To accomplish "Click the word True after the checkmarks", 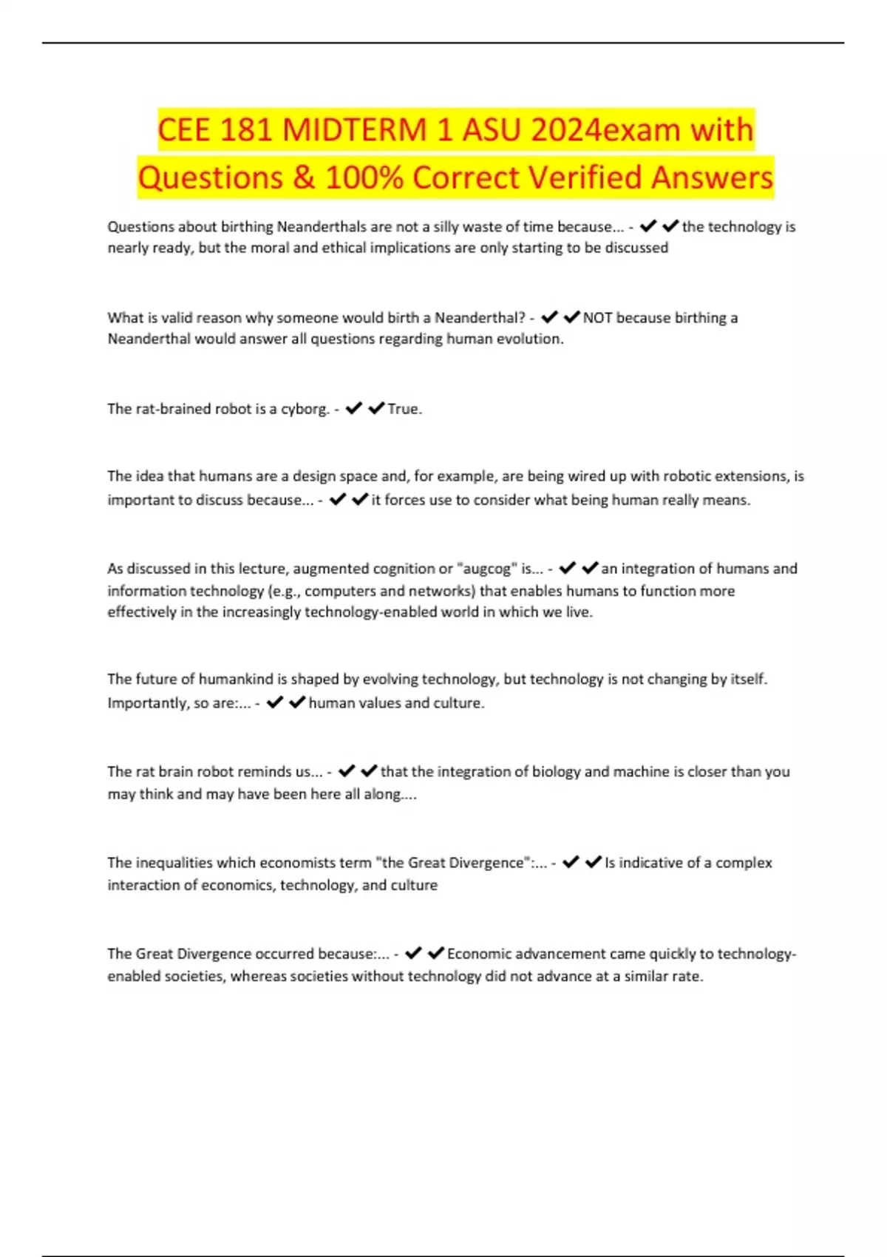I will pos(403,409).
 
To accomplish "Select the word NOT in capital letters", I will pos(597,318).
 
